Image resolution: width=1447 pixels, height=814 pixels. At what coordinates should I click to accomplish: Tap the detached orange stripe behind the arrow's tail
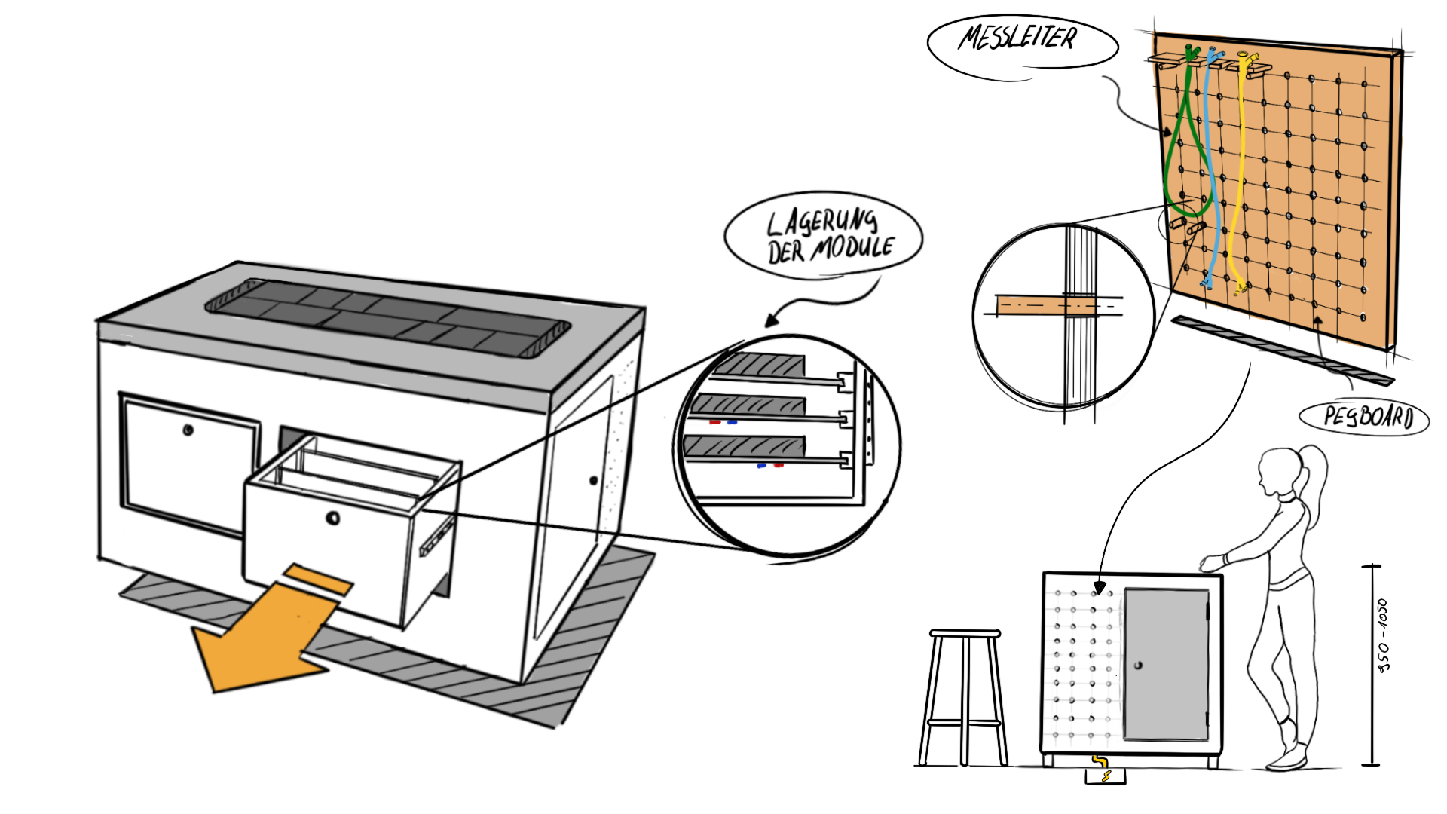[x=318, y=579]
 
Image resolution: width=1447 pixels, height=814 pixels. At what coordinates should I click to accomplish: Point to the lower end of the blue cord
[x=1207, y=284]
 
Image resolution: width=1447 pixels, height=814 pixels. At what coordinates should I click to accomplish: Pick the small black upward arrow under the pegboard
[x=1317, y=322]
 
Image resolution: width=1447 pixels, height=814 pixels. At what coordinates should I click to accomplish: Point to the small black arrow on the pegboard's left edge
[x=1167, y=132]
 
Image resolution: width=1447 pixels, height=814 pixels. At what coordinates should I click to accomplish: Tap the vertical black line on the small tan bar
[x=1066, y=305]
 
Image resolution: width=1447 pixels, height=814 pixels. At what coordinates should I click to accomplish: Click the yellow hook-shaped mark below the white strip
[x=1100, y=761]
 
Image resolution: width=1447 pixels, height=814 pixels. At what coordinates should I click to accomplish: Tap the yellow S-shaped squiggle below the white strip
[x=1106, y=776]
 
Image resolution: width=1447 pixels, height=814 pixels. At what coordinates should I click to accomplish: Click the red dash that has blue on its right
[x=714, y=423]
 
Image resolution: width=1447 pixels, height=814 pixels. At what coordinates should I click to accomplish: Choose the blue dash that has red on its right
[x=762, y=466]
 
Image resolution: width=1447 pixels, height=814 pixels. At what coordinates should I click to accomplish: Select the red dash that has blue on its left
[x=779, y=466]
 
